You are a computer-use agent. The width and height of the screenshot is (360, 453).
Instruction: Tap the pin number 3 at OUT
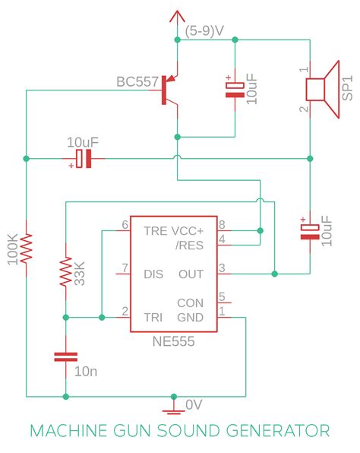point(222,266)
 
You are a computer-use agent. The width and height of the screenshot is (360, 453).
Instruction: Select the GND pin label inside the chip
point(191,317)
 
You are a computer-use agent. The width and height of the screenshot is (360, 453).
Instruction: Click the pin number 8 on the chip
point(222,225)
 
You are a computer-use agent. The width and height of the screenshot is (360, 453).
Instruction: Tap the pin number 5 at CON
point(222,296)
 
